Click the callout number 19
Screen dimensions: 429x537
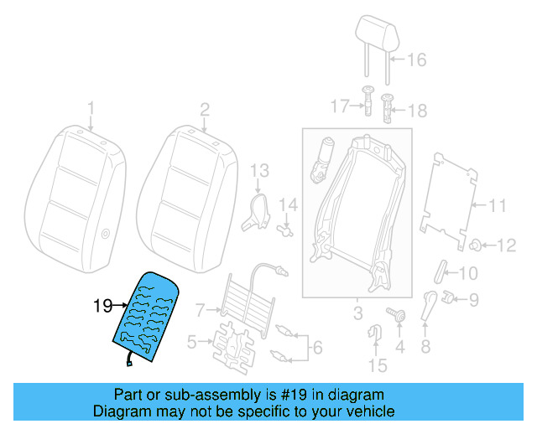102,307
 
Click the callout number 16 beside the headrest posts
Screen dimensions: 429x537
417,59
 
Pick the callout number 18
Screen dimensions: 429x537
417,110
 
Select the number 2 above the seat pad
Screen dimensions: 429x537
204,108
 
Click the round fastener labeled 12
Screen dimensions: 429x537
475,245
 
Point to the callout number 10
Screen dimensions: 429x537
467,272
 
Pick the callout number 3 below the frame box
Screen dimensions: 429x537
357,314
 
